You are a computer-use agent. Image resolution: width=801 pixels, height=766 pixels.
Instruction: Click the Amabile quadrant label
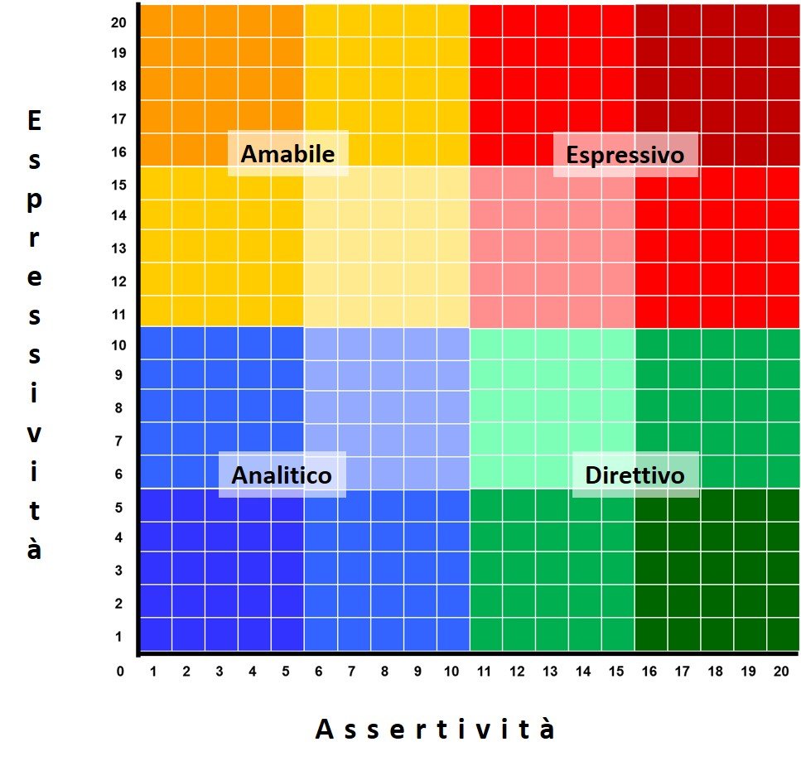point(287,154)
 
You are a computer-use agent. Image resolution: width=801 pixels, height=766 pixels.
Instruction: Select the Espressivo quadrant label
point(625,155)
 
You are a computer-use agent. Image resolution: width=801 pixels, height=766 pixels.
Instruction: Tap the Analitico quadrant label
point(282,475)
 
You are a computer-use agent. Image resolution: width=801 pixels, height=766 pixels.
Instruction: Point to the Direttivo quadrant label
point(635,475)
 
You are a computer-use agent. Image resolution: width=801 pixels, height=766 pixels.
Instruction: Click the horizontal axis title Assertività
point(435,729)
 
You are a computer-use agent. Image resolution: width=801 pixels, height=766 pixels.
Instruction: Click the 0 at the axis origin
point(120,671)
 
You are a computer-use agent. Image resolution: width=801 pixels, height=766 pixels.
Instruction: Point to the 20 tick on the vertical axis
point(118,22)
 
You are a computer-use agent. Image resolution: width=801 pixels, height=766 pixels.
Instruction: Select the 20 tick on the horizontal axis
point(781,672)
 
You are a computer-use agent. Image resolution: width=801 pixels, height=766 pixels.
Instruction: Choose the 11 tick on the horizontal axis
point(484,672)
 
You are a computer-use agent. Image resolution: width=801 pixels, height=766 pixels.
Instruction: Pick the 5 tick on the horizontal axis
point(286,672)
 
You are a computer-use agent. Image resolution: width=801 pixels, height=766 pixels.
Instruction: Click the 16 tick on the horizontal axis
point(649,672)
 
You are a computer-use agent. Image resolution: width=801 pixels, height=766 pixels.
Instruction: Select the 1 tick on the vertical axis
point(119,637)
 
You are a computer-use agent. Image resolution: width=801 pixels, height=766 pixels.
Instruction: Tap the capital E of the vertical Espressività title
point(34,122)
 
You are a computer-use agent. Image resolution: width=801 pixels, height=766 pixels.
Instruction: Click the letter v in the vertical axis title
point(34,433)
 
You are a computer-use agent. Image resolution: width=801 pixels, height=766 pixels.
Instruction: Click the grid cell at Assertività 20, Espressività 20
point(784,21)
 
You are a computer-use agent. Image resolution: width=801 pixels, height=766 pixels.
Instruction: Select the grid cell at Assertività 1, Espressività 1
point(156,635)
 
